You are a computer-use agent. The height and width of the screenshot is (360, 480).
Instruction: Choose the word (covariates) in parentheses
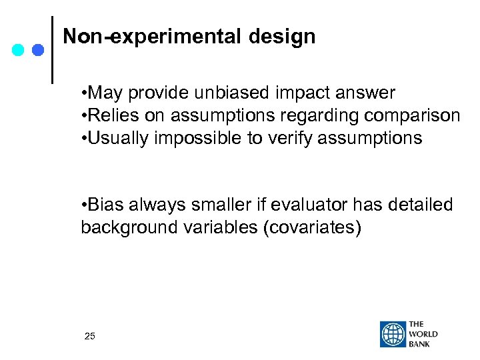click(312, 227)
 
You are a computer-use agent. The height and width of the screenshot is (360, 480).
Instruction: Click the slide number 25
click(90, 336)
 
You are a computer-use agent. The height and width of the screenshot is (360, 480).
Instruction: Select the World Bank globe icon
click(393, 335)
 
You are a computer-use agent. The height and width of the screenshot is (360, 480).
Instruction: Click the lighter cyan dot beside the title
click(19, 50)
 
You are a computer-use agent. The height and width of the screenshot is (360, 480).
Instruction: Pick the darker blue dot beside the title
click(37, 50)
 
